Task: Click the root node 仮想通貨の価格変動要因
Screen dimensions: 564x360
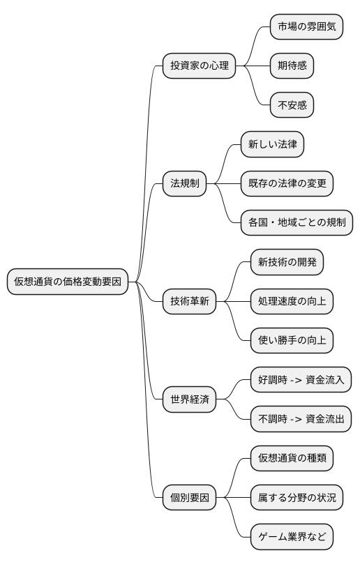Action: pos(68,282)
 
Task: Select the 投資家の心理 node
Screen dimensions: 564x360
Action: pos(199,66)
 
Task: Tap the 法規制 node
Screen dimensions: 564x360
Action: pos(185,183)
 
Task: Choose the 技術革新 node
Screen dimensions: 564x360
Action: pos(189,302)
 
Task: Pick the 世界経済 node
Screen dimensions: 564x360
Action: pos(189,400)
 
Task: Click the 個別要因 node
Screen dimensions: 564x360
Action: pos(189,498)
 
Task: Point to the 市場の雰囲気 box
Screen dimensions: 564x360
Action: pos(306,26)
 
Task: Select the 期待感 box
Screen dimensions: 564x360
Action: pos(292,66)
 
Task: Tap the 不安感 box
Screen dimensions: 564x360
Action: pos(292,105)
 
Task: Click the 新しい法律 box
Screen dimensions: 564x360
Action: pos(272,144)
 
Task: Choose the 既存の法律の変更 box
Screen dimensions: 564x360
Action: pos(287,183)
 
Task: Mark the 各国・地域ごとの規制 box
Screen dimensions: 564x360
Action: pos(297,223)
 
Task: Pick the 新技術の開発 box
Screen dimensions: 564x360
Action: pos(287,262)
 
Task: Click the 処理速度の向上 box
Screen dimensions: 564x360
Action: pos(292,302)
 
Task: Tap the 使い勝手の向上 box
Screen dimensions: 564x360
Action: pos(292,341)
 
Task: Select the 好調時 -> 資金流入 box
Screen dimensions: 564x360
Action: pos(301,381)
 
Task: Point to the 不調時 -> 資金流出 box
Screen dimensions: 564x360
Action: pos(301,420)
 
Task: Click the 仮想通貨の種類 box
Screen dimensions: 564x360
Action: pos(292,459)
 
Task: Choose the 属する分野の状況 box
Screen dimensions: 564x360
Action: pos(297,498)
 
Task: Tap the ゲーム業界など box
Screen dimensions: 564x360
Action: pos(292,538)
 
